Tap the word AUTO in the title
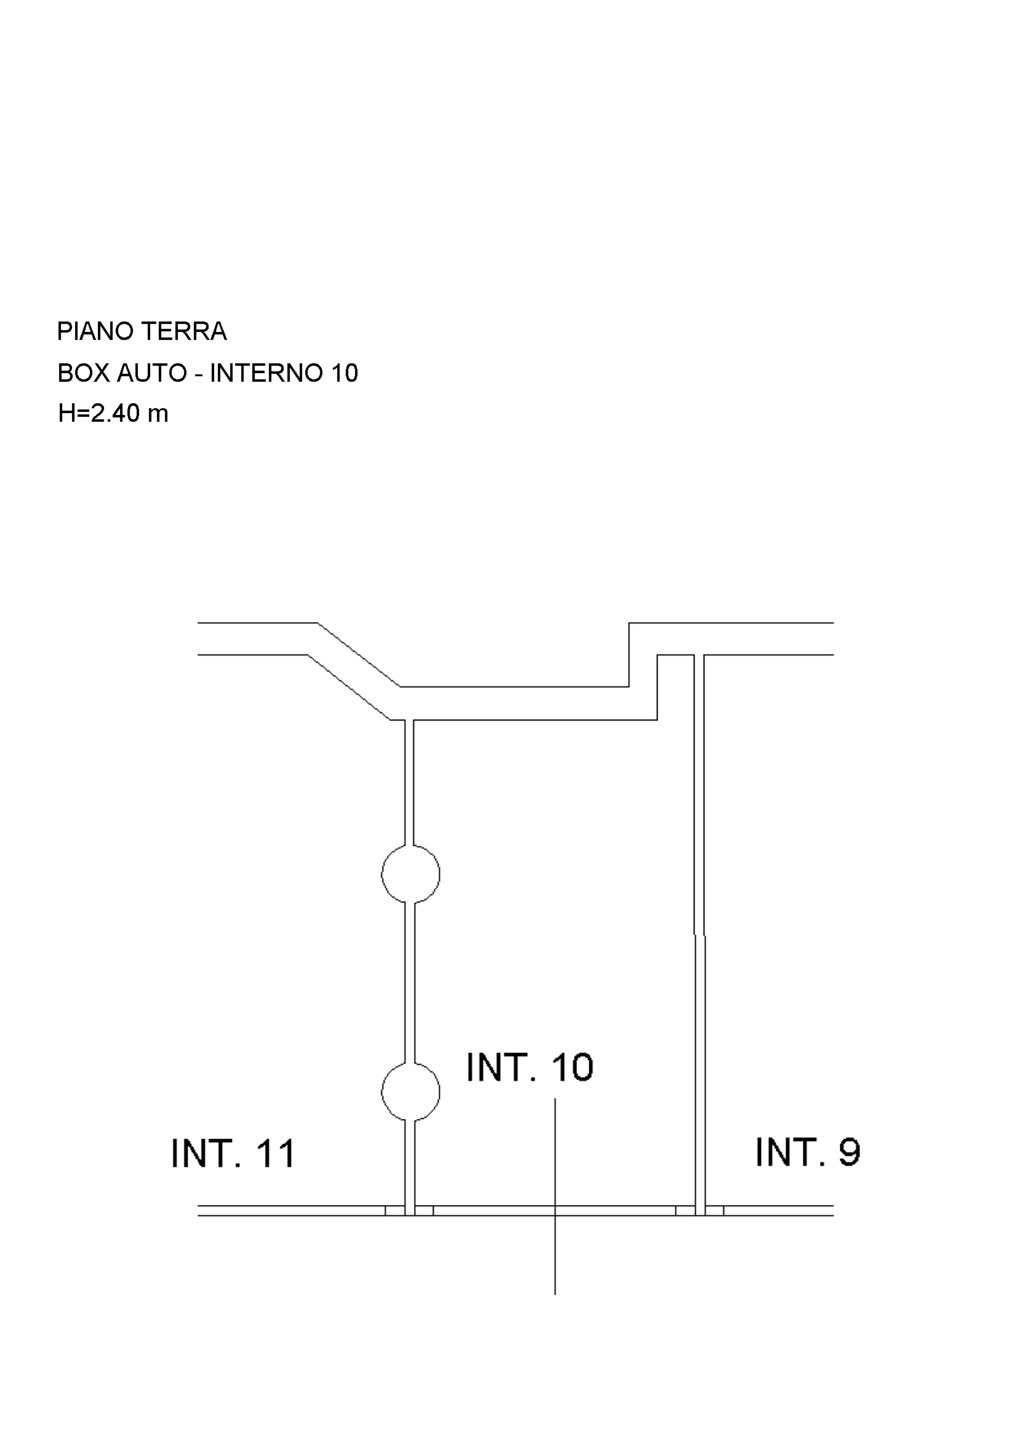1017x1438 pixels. (152, 373)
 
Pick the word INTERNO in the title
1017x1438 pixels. (266, 373)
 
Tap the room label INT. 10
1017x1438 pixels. (529, 1068)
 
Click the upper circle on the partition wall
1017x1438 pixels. (410, 874)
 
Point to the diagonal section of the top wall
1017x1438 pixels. (354, 670)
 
